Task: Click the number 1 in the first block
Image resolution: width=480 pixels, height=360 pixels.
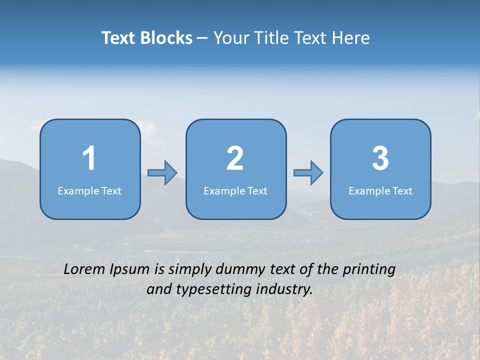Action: tap(89, 158)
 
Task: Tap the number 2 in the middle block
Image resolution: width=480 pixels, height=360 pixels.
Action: tap(235, 158)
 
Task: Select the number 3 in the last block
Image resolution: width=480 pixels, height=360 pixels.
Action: tap(380, 158)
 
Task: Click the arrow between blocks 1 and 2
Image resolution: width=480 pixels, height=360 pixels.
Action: tap(162, 173)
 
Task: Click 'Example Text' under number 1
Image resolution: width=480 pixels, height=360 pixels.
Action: tap(89, 191)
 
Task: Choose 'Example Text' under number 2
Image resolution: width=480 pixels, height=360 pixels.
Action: tap(235, 191)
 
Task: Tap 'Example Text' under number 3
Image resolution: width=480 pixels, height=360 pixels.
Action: tap(380, 191)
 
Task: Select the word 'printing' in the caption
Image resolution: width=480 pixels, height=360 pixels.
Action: tap(369, 270)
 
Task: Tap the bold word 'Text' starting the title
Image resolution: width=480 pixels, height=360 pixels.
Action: tap(119, 38)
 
